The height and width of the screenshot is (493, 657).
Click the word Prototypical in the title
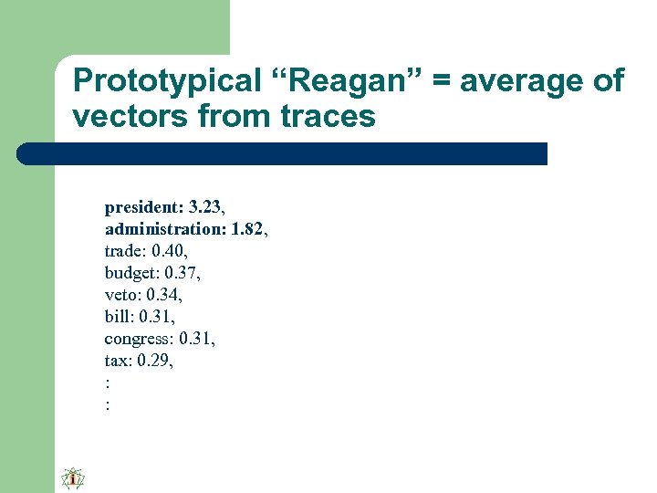coord(153,80)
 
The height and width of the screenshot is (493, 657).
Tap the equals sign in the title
coord(442,82)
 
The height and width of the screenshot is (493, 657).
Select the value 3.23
coord(206,207)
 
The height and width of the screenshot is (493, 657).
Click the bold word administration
coord(164,229)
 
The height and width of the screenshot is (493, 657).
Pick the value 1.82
coord(247,229)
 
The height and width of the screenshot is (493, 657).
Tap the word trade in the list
coord(123,251)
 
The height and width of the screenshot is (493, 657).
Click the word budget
coord(129,273)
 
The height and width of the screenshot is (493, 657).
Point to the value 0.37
coord(181,273)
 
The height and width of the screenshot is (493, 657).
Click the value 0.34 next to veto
coord(166,295)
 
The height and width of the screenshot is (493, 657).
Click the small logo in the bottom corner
coord(72,478)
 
